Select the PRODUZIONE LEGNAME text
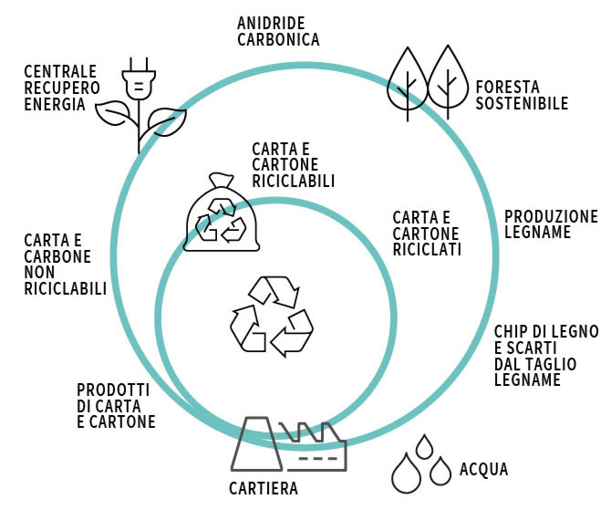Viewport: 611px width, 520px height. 551,224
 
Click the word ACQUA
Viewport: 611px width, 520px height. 483,470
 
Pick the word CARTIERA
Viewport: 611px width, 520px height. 263,488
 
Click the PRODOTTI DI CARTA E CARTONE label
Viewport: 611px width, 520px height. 116,405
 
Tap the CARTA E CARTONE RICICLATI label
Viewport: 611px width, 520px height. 427,234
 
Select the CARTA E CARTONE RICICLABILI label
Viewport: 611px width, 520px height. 293,165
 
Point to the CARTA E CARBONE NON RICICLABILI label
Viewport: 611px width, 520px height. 65,264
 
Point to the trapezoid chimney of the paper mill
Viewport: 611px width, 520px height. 256,443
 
